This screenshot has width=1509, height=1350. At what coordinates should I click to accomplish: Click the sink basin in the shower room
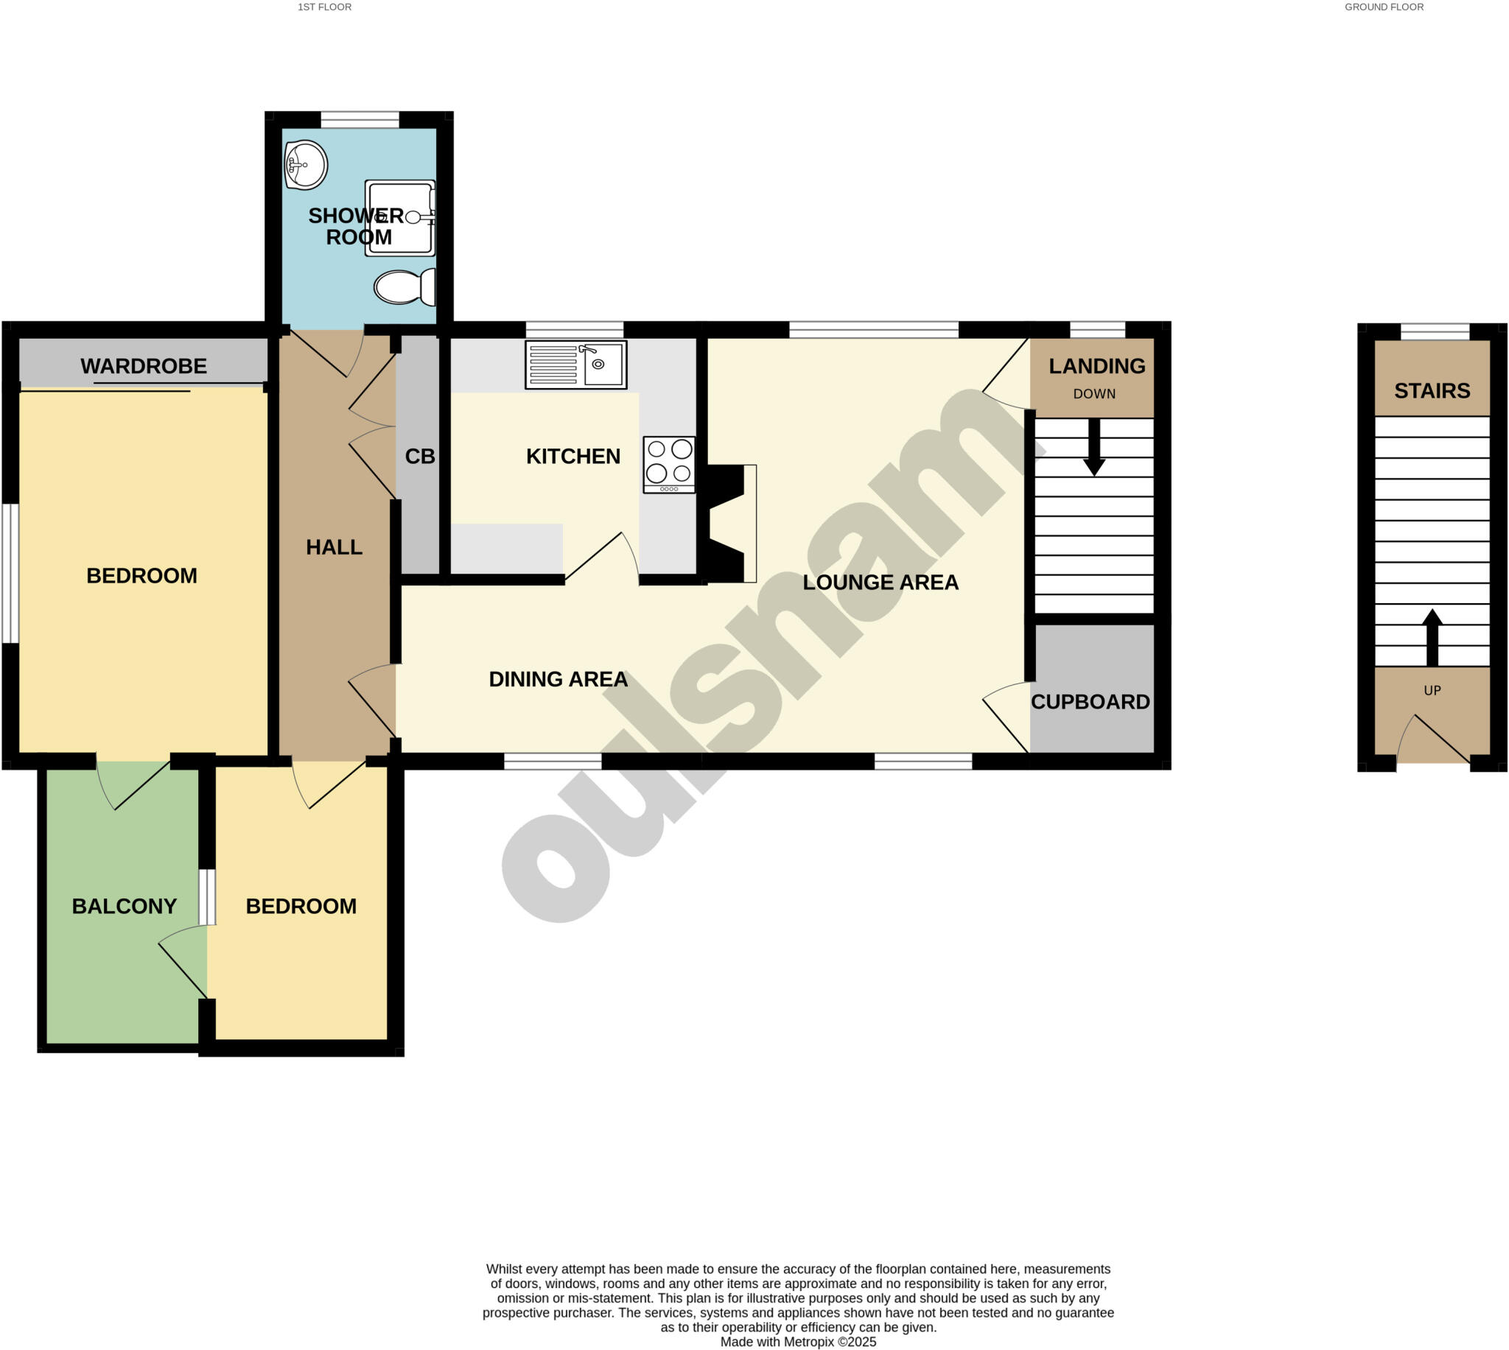tap(305, 164)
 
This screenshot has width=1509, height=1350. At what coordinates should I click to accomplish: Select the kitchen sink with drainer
tap(575, 365)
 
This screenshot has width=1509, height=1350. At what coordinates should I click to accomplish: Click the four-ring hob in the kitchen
tap(668, 463)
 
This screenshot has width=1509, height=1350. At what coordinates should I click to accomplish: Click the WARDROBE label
tap(143, 366)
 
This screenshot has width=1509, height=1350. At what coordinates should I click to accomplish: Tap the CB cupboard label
tap(420, 456)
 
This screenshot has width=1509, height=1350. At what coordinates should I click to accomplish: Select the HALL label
tap(334, 547)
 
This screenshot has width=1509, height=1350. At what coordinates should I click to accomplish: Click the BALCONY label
tap(124, 906)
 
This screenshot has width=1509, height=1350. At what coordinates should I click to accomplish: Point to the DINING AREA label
tap(558, 679)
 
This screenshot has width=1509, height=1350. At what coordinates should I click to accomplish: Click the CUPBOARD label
tap(1090, 702)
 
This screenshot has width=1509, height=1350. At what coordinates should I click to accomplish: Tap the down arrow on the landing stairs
tap(1093, 448)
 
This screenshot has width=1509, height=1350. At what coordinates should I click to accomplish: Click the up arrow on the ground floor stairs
tap(1432, 637)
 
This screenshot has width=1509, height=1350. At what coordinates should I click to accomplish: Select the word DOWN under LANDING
tap(1093, 394)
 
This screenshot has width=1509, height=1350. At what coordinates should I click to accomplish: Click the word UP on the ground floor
tap(1432, 691)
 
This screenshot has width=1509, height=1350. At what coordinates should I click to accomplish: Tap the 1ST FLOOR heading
tap(324, 7)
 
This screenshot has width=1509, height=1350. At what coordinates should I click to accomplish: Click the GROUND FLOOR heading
tap(1384, 7)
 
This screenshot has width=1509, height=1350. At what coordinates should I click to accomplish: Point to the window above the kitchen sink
tap(574, 329)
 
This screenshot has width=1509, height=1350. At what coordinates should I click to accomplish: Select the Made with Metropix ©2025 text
tap(798, 1342)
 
